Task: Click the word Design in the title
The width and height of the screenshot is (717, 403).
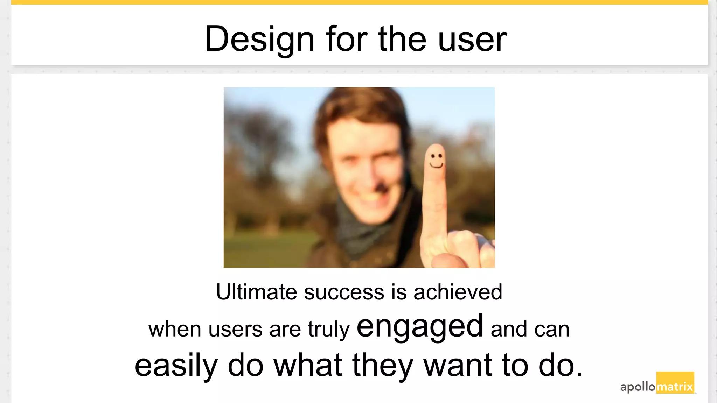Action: point(259,39)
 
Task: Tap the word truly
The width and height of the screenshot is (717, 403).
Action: point(328,330)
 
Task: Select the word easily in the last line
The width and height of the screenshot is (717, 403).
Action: point(176,366)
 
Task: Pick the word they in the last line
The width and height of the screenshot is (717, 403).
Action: point(383,366)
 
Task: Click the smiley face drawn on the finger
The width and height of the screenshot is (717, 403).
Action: point(436,160)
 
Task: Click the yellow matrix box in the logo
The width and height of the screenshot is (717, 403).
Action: point(675,383)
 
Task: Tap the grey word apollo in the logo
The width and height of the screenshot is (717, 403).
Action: point(638,387)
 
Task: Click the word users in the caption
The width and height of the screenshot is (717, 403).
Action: point(235,330)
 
